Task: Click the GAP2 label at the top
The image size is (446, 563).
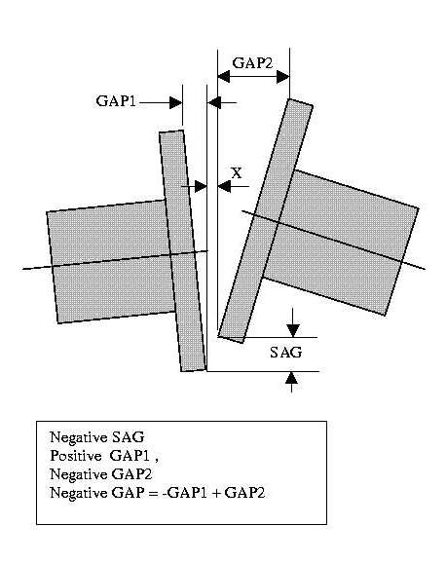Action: pos(252,63)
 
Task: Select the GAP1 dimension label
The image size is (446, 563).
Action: pos(116,101)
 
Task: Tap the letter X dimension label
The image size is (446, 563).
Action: pos(237,173)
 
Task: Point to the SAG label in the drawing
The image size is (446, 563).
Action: pos(286,353)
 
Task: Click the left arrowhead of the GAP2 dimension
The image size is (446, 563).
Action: pos(224,77)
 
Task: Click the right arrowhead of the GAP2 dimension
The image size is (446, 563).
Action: pos(283,77)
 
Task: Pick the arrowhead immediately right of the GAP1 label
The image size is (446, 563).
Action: pos(176,102)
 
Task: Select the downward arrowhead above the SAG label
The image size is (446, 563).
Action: pos(293,330)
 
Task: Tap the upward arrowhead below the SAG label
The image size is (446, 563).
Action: pos(291,378)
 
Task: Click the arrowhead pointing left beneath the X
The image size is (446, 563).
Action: pos(224,187)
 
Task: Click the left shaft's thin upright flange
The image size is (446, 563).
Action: pos(183,251)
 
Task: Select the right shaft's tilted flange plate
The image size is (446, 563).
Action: pos(266,221)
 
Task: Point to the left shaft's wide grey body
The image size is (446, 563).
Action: pos(109,261)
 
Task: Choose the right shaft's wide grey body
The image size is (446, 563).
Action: pos(341,243)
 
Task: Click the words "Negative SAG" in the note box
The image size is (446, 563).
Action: pos(97,437)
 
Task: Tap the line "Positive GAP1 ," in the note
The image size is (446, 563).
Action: pos(104,456)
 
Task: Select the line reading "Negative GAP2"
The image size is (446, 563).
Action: pos(101,474)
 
